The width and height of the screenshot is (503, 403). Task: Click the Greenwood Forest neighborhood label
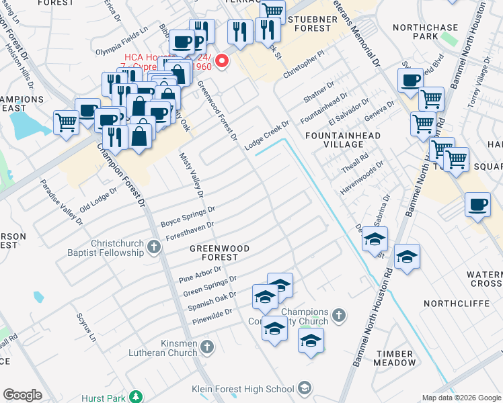pyautogui.click(x=219, y=253)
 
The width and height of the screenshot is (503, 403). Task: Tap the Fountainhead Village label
pyautogui.click(x=343, y=140)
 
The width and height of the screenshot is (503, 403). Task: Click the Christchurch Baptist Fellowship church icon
pyautogui.click(x=154, y=247)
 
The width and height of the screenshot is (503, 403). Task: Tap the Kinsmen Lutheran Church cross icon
pyautogui.click(x=207, y=347)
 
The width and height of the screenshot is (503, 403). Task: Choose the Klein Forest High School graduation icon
pyautogui.click(x=305, y=388)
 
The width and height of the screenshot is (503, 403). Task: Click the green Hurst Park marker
pyautogui.click(x=136, y=398)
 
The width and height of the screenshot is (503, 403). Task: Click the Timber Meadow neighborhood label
pyautogui.click(x=396, y=358)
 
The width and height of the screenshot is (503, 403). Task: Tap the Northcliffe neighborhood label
pyautogui.click(x=450, y=304)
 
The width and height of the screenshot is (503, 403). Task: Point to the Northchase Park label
pyautogui.click(x=424, y=32)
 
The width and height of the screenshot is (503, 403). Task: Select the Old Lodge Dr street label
pyautogui.click(x=98, y=199)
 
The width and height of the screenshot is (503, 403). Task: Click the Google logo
pyautogui.click(x=22, y=395)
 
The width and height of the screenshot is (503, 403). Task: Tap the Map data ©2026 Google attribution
pyautogui.click(x=461, y=398)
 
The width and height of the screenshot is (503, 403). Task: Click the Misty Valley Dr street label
pyautogui.click(x=192, y=175)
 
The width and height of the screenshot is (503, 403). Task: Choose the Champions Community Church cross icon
pyautogui.click(x=340, y=314)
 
